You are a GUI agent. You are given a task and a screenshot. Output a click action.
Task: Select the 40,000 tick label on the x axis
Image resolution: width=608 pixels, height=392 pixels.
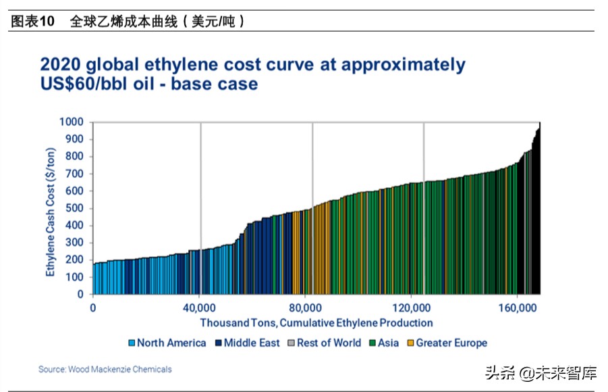point(200,308)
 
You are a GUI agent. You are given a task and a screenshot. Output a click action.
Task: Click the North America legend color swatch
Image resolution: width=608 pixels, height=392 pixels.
point(132,343)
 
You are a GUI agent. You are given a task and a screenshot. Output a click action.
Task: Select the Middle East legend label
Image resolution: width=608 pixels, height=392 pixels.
point(252,343)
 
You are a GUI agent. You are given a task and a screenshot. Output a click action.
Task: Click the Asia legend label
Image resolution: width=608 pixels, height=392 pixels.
point(389,343)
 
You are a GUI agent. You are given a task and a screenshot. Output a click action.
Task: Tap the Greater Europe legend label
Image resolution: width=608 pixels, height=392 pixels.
point(451,343)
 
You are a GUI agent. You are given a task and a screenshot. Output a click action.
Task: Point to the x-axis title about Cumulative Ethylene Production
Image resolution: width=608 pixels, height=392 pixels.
point(316,323)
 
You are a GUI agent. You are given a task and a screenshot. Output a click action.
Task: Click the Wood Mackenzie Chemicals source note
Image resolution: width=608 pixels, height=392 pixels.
point(105,369)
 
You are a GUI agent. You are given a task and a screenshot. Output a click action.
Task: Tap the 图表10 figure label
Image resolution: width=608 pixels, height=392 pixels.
point(32,22)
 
